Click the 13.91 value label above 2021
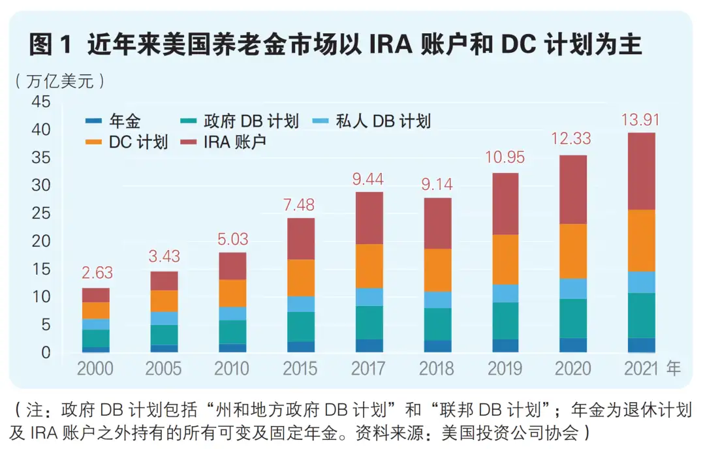(x=638, y=120)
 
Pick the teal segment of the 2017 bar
(x=368, y=322)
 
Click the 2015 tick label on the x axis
(x=300, y=369)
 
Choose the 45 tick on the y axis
(x=41, y=102)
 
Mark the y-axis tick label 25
(x=41, y=213)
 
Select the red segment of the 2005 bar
(x=164, y=281)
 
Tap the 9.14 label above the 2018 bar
(x=437, y=185)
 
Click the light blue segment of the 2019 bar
(x=505, y=293)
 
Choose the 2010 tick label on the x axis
(x=232, y=369)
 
